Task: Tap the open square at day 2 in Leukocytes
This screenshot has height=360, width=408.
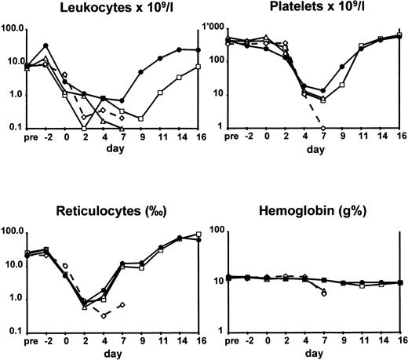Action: point(84,127)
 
